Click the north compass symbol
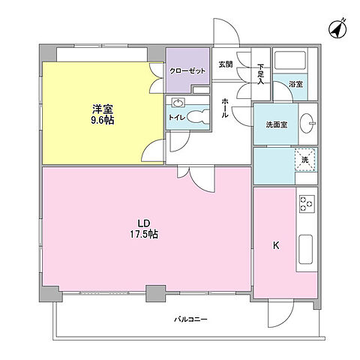click(x=337, y=28)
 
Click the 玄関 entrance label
click(x=225, y=64)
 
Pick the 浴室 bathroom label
click(x=297, y=85)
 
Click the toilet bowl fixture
click(x=196, y=117)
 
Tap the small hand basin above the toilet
click(x=178, y=103)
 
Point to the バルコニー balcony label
click(x=190, y=319)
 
